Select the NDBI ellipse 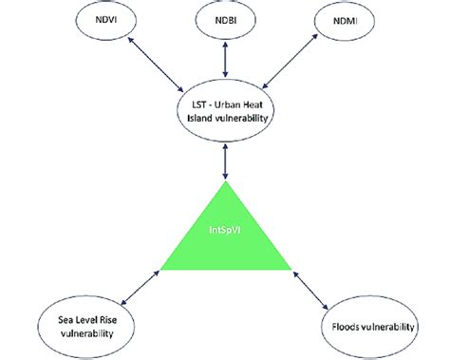click(225, 19)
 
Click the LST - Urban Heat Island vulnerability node click(225, 110)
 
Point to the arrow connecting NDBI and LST click(225, 59)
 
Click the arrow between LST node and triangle click(225, 161)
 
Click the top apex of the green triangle click(225, 182)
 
